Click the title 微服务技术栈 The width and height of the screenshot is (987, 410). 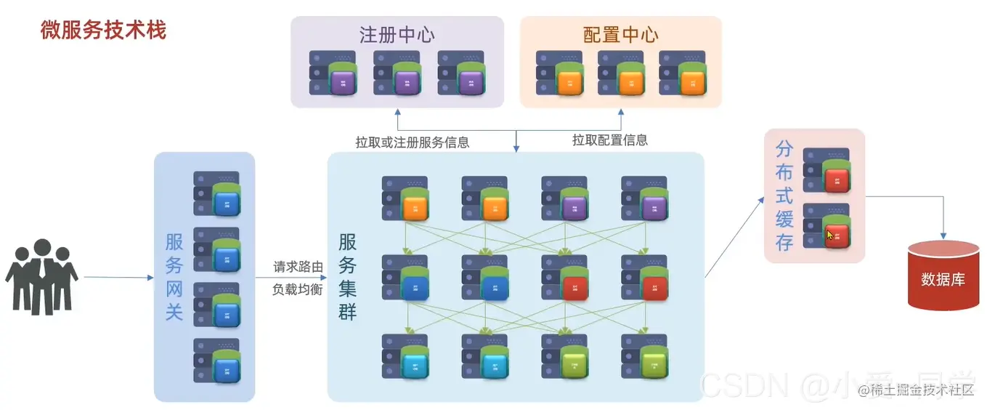pos(103,31)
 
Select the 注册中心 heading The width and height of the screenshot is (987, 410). pos(397,35)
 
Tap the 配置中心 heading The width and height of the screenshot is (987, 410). pos(620,35)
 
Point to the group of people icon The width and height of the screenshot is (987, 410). pos(41,277)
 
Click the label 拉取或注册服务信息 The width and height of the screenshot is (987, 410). pos(412,142)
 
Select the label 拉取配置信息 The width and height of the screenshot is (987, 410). pos(609,140)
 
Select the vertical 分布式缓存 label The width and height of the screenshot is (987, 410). pos(784,196)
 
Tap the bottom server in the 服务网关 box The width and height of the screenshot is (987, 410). pos(216,361)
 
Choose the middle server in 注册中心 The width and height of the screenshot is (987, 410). pos(397,73)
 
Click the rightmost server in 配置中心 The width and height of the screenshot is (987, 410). pos(682,73)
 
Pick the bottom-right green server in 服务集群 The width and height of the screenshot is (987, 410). pos(645,356)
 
